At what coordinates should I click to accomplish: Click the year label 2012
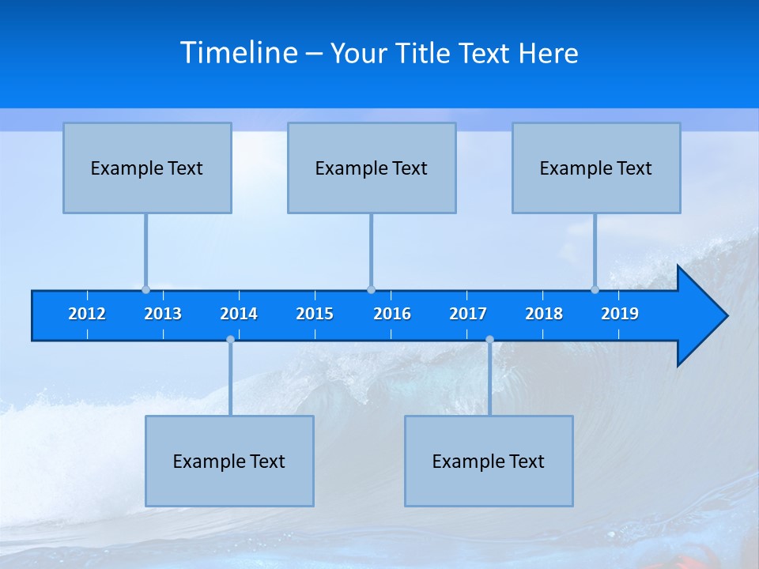pos(87,314)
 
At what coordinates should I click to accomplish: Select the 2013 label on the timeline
pos(163,314)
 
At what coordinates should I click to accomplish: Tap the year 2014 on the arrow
pos(239,314)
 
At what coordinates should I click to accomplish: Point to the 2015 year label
pos(315,314)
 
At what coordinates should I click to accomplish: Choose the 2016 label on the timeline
pos(392,314)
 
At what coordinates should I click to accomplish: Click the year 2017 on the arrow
pos(468,314)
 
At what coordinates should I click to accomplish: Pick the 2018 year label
pos(544,314)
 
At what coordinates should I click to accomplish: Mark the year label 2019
pos(620,314)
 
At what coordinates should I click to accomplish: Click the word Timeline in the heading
pos(239,53)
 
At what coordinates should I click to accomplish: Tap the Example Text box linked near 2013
pos(147,168)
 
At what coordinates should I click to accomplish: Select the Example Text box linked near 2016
pos(372,168)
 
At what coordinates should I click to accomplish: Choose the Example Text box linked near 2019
pos(596,168)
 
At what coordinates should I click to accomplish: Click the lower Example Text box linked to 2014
pos(229,461)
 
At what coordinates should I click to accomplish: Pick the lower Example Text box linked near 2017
pos(489,461)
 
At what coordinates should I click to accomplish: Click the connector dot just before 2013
pos(145,289)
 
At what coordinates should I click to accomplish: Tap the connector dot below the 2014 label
pos(230,339)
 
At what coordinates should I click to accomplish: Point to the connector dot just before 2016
pos(371,289)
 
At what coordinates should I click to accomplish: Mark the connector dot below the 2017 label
pos(489,339)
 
